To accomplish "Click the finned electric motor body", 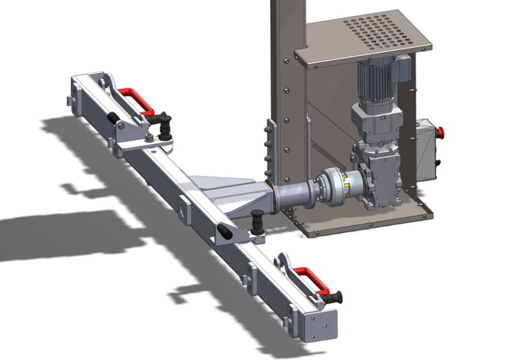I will point(376,81).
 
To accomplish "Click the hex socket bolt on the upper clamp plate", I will point(148,140).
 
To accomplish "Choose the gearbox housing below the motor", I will point(376,174).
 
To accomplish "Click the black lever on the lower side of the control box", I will point(439,163).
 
